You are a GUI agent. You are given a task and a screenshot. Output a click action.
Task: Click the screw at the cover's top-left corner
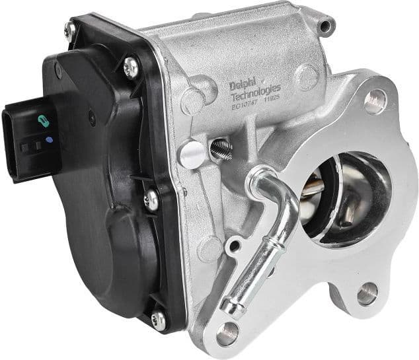70,29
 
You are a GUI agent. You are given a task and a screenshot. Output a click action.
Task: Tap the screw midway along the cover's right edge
152,200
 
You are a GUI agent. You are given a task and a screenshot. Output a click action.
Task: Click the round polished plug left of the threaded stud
192,153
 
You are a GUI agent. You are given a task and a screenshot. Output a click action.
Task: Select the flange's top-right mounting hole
375,100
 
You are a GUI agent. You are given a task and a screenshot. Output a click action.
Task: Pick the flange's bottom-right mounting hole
367,294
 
